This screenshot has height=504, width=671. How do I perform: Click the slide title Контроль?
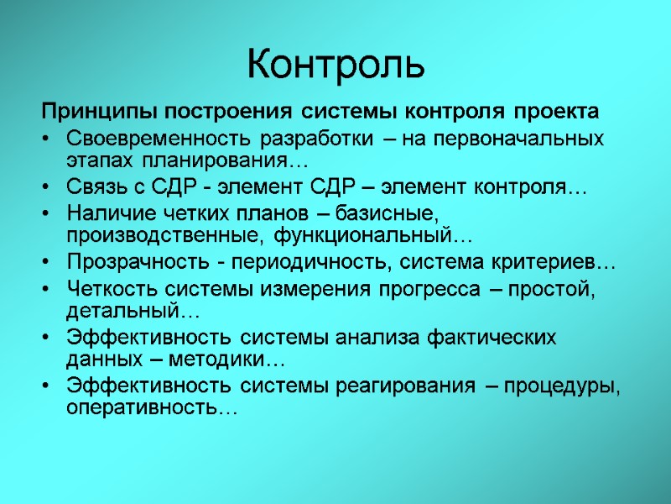[335, 65]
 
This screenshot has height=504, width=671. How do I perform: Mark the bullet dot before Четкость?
[48, 291]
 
